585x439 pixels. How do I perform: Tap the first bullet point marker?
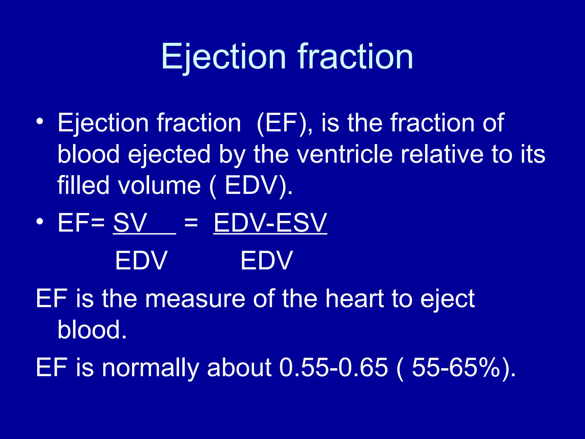[x=40, y=121]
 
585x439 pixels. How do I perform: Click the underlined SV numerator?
[x=130, y=223]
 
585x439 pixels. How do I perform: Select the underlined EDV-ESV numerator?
[x=270, y=223]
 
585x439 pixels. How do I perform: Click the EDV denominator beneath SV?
[x=141, y=260]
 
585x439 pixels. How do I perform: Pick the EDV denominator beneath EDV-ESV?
[x=267, y=260]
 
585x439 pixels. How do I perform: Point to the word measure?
[x=195, y=298]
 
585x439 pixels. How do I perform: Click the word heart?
[x=354, y=298]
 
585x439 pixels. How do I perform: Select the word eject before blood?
[x=447, y=298]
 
